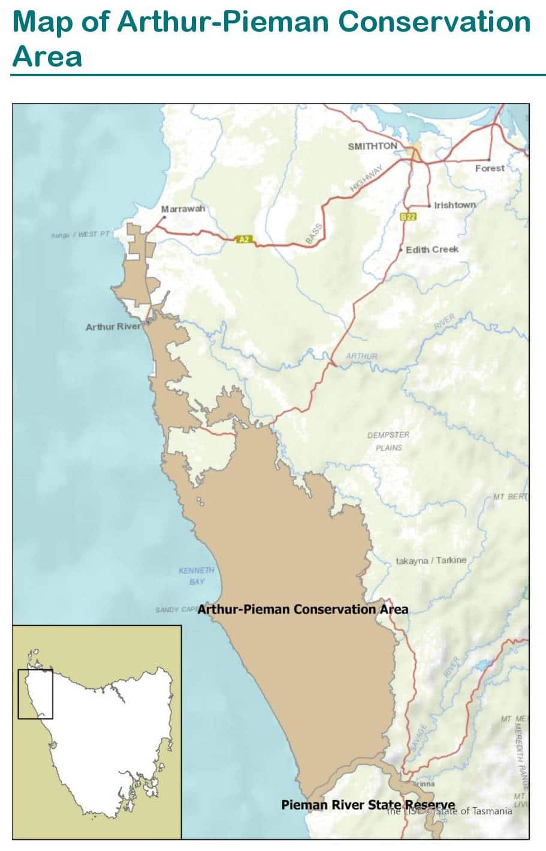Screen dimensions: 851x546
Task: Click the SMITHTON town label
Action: [x=372, y=146]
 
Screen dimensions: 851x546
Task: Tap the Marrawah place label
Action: [x=183, y=209]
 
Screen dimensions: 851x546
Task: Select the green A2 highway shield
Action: [x=243, y=239]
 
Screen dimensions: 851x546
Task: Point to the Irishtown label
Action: [x=455, y=205]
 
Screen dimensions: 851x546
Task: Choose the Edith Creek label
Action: [x=432, y=249]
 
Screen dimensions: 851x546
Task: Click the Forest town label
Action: [x=490, y=169]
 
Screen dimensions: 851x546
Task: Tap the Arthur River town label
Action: [x=113, y=327]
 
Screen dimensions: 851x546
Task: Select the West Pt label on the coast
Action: [x=80, y=234]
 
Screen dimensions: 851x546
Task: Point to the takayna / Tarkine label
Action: [x=430, y=561]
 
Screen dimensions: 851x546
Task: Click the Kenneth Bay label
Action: [x=196, y=576]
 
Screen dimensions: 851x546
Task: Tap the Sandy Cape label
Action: [x=176, y=610]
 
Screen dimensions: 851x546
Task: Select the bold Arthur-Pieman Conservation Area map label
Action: [x=303, y=609]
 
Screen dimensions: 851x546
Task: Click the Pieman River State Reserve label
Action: [x=367, y=805]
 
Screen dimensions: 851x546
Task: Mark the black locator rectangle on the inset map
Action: [x=35, y=694]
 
